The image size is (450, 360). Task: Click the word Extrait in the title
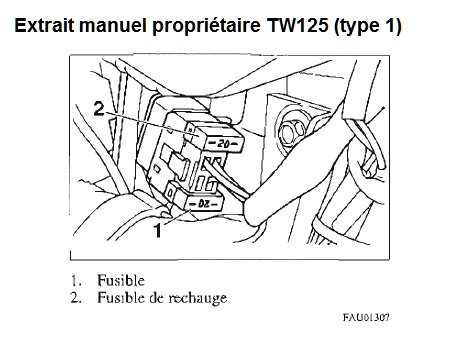[44, 25]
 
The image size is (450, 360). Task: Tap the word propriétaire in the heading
[206, 27]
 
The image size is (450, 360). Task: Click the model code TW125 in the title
[298, 25]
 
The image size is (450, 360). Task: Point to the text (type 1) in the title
[368, 27]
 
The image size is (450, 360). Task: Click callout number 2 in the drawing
[99, 109]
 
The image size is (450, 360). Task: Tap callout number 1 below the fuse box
[158, 230]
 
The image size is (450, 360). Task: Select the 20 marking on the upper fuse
[223, 144]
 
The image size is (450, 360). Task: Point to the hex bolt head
[290, 132]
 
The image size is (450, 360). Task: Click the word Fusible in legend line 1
[121, 280]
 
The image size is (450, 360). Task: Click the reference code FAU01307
[366, 317]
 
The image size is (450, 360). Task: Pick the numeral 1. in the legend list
[76, 281]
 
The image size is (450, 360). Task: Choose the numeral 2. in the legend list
[76, 298]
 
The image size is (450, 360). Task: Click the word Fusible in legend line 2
[121, 297]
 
